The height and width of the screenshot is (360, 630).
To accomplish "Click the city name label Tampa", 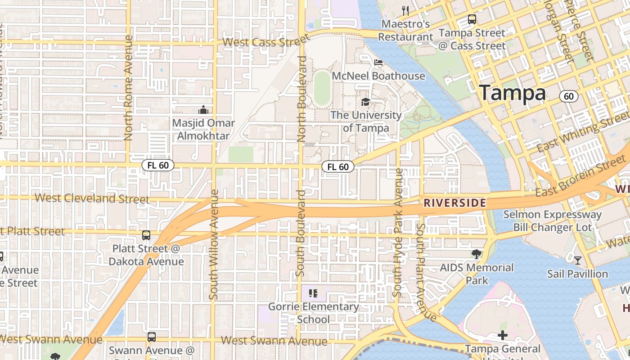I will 512,93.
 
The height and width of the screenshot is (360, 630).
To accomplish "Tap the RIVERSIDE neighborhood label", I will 454,203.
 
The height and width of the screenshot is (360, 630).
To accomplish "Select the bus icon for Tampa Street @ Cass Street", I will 472,19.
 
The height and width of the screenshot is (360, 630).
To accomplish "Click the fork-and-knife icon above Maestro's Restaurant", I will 405,11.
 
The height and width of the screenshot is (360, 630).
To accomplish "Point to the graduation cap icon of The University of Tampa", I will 365,102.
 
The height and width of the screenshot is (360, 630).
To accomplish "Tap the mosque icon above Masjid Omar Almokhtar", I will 203,110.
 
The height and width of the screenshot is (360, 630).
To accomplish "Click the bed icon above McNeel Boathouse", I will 378,63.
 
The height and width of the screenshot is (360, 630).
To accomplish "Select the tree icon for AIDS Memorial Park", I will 476,254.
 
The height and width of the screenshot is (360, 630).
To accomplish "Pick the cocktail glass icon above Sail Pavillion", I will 577,260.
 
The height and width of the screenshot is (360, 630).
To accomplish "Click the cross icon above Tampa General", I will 503,335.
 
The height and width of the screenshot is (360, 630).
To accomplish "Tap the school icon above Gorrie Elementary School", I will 313,294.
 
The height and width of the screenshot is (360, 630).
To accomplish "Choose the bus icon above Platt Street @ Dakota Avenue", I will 146,235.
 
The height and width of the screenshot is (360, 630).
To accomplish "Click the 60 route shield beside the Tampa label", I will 569,96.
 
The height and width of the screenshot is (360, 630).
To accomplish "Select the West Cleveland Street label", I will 92,198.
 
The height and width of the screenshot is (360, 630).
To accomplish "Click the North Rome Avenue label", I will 128,88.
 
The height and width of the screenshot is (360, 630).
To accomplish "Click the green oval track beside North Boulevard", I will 322,88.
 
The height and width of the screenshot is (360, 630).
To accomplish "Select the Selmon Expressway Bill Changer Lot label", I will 553,221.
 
